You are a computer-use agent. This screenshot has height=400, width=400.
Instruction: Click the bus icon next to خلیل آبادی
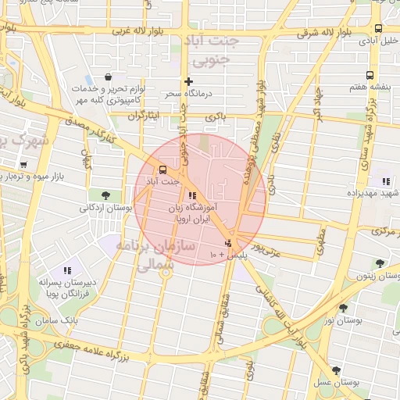tap(378, 38)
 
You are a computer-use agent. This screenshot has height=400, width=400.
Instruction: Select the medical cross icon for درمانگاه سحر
tap(187, 81)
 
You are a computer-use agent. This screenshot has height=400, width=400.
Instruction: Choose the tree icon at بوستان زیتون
tap(380, 263)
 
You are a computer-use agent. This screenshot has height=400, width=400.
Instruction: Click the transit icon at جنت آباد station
tap(162, 170)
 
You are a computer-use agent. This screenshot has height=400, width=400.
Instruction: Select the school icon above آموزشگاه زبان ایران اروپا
tap(192, 195)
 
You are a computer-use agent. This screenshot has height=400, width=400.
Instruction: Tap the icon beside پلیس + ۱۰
tap(227, 243)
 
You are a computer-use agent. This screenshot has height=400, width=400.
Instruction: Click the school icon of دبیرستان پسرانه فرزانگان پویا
tap(66, 270)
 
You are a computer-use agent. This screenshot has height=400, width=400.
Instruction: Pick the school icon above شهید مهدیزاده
tap(385, 181)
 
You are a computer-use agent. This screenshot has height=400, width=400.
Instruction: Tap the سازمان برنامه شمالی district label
tap(156, 255)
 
